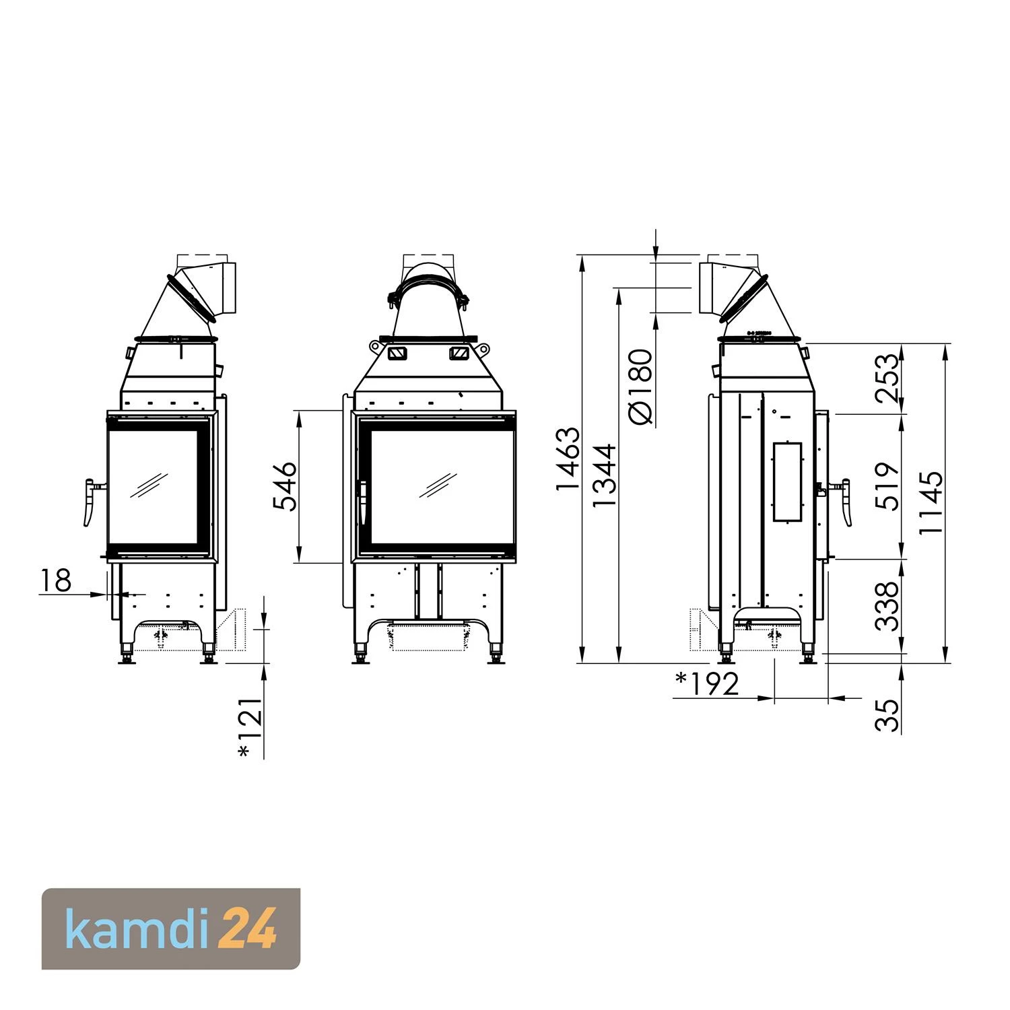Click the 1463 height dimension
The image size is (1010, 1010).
[567, 458]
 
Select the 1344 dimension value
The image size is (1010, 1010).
[604, 475]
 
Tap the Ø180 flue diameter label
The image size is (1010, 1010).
[640, 386]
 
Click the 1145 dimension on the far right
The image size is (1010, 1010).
[931, 502]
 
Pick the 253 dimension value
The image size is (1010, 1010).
[888, 378]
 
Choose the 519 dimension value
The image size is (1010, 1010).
[888, 486]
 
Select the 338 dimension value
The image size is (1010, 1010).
[888, 606]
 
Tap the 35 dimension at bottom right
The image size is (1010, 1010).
[888, 715]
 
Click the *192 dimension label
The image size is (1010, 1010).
[707, 684]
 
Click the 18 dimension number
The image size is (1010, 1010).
[55, 580]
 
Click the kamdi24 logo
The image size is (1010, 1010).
[171, 929]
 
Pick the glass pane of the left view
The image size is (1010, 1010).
[153, 484]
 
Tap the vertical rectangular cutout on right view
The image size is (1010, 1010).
[788, 481]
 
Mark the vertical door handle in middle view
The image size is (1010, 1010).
[363, 502]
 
